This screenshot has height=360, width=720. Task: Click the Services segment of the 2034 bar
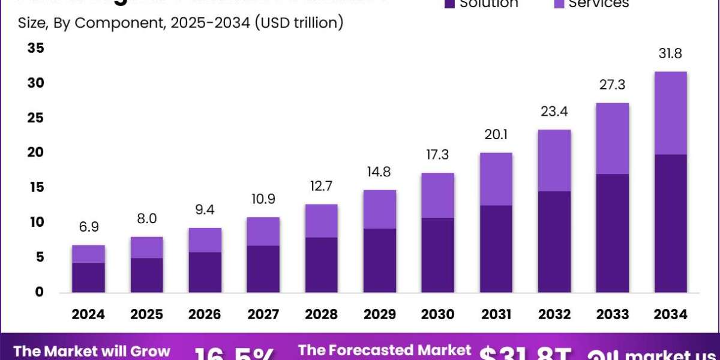pos(670,113)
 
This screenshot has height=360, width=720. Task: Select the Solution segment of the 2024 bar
pos(88,277)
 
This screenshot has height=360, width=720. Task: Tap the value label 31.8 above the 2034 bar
pos(670,54)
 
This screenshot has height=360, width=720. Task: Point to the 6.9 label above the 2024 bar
pos(88,228)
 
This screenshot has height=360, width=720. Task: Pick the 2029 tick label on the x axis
pos(379,314)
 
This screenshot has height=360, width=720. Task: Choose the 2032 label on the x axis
pos(554,314)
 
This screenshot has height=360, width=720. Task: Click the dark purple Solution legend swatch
pos(449,4)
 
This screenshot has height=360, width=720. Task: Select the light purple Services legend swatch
pos(558,4)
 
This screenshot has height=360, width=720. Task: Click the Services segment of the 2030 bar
pos(437,195)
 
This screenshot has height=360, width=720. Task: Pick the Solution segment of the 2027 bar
pos(263,269)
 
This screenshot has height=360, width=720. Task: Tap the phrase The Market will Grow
pos(92,351)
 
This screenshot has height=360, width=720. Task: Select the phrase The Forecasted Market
pos(385,350)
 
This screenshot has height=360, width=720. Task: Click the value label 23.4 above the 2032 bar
pos(554,112)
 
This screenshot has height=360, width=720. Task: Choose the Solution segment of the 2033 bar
pos(612,233)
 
